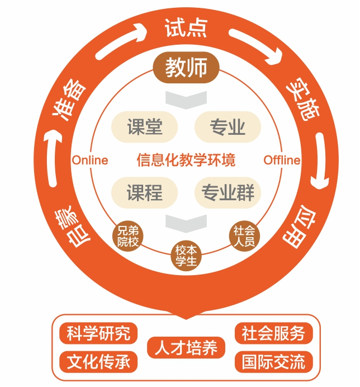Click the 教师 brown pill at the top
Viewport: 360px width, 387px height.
pos(186,68)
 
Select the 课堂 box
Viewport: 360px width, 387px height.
pos(145,127)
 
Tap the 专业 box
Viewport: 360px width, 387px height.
pos(228,127)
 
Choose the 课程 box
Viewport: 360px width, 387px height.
pos(145,192)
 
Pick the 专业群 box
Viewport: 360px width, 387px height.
pos(228,192)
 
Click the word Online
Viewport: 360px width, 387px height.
pos(89,160)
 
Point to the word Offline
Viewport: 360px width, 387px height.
pos(282,160)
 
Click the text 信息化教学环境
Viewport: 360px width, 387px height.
pos(186,160)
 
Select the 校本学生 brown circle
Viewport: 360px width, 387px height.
pos(186,256)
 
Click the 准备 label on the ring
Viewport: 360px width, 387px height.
pos(70,100)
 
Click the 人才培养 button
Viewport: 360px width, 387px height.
pos(186,347)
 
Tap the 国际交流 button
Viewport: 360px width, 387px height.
pos(273,361)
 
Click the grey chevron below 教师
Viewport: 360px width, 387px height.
pos(186,99)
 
